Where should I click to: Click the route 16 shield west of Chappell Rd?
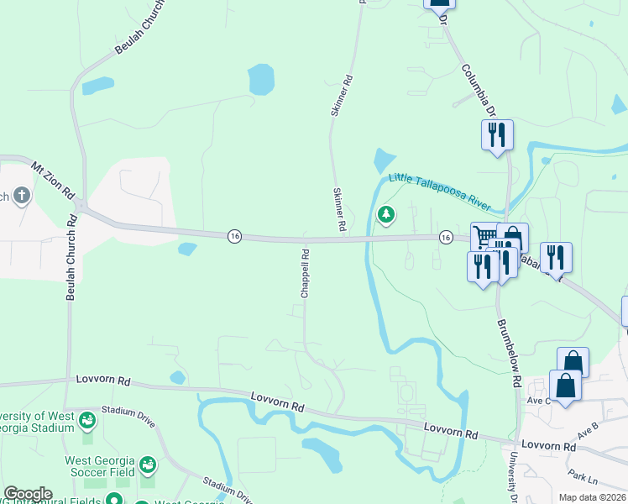tap(234, 237)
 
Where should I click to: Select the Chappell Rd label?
tap(306, 271)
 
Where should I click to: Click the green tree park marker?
tap(385, 215)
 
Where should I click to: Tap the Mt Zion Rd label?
tap(53, 181)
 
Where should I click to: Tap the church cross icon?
tap(22, 197)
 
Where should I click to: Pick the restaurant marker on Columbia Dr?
tap(497, 134)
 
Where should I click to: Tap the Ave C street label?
tap(538, 400)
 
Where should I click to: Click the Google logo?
tap(28, 494)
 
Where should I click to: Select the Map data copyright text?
tap(592, 497)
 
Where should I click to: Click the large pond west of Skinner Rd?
tap(261, 80)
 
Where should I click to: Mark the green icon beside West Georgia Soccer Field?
tap(148, 465)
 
